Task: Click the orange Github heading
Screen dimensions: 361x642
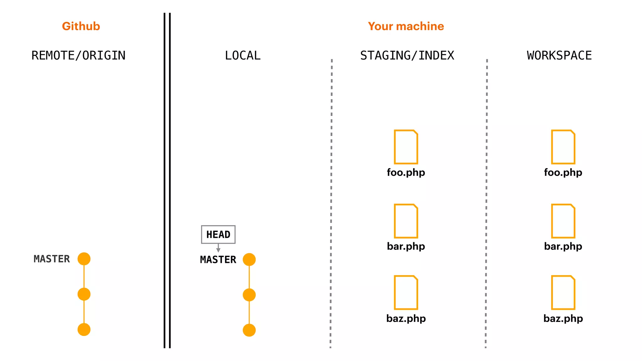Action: [x=81, y=26]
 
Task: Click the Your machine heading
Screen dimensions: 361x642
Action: [x=406, y=26]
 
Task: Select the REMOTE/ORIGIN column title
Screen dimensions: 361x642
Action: [x=78, y=55]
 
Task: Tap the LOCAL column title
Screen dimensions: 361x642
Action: [x=243, y=55]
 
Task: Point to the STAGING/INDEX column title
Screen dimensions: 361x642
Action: [x=407, y=55]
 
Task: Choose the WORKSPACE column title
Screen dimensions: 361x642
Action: [x=559, y=55]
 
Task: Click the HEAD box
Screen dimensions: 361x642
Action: [x=218, y=234]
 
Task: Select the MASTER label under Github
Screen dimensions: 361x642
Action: [x=52, y=259]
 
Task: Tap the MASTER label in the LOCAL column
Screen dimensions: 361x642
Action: [x=218, y=259]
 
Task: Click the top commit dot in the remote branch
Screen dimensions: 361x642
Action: [x=84, y=259]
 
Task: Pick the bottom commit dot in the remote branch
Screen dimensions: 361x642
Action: [x=84, y=330]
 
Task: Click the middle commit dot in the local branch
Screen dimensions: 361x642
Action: [x=249, y=295]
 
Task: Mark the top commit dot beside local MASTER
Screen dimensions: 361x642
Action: [x=249, y=259]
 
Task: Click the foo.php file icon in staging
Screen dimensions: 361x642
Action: [x=406, y=147]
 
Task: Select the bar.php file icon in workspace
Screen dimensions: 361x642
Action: [x=563, y=221]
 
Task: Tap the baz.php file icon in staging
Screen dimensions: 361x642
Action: [x=406, y=292]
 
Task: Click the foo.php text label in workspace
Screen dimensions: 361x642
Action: [x=563, y=172]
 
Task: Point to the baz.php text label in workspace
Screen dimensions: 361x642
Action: [x=563, y=318]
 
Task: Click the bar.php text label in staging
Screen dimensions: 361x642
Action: [x=406, y=246]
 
